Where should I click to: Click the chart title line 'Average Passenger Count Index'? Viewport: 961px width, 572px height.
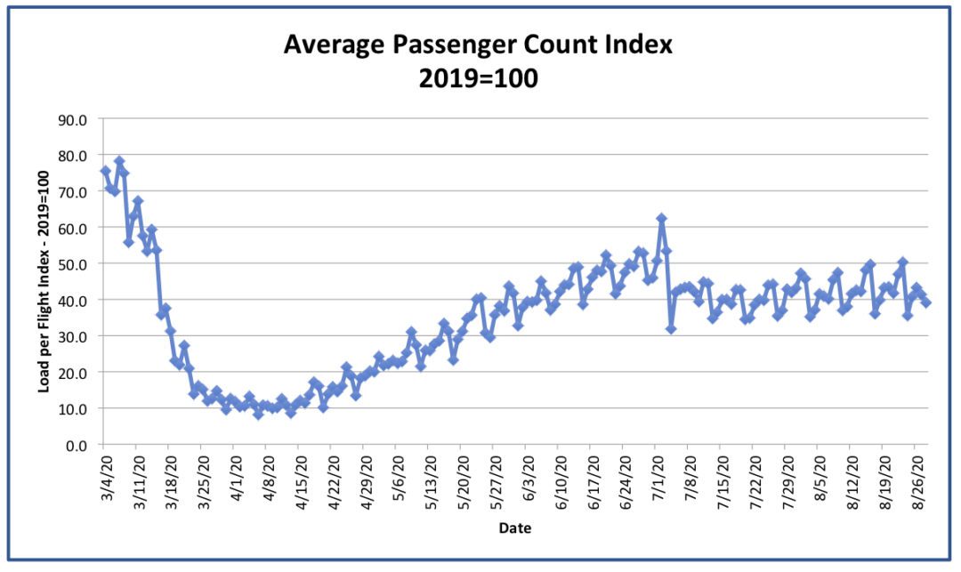[x=479, y=45]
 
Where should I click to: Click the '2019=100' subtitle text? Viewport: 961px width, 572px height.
[x=479, y=77]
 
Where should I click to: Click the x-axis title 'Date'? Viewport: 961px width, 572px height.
[x=514, y=528]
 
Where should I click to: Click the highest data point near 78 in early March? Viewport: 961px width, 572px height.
[x=119, y=162]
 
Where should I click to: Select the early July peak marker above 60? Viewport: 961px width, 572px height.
[x=661, y=219]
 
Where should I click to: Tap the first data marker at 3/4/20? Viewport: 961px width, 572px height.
[x=105, y=171]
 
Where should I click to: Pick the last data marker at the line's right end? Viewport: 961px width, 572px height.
[x=926, y=302]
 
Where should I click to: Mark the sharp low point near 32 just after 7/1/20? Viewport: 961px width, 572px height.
[x=671, y=329]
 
